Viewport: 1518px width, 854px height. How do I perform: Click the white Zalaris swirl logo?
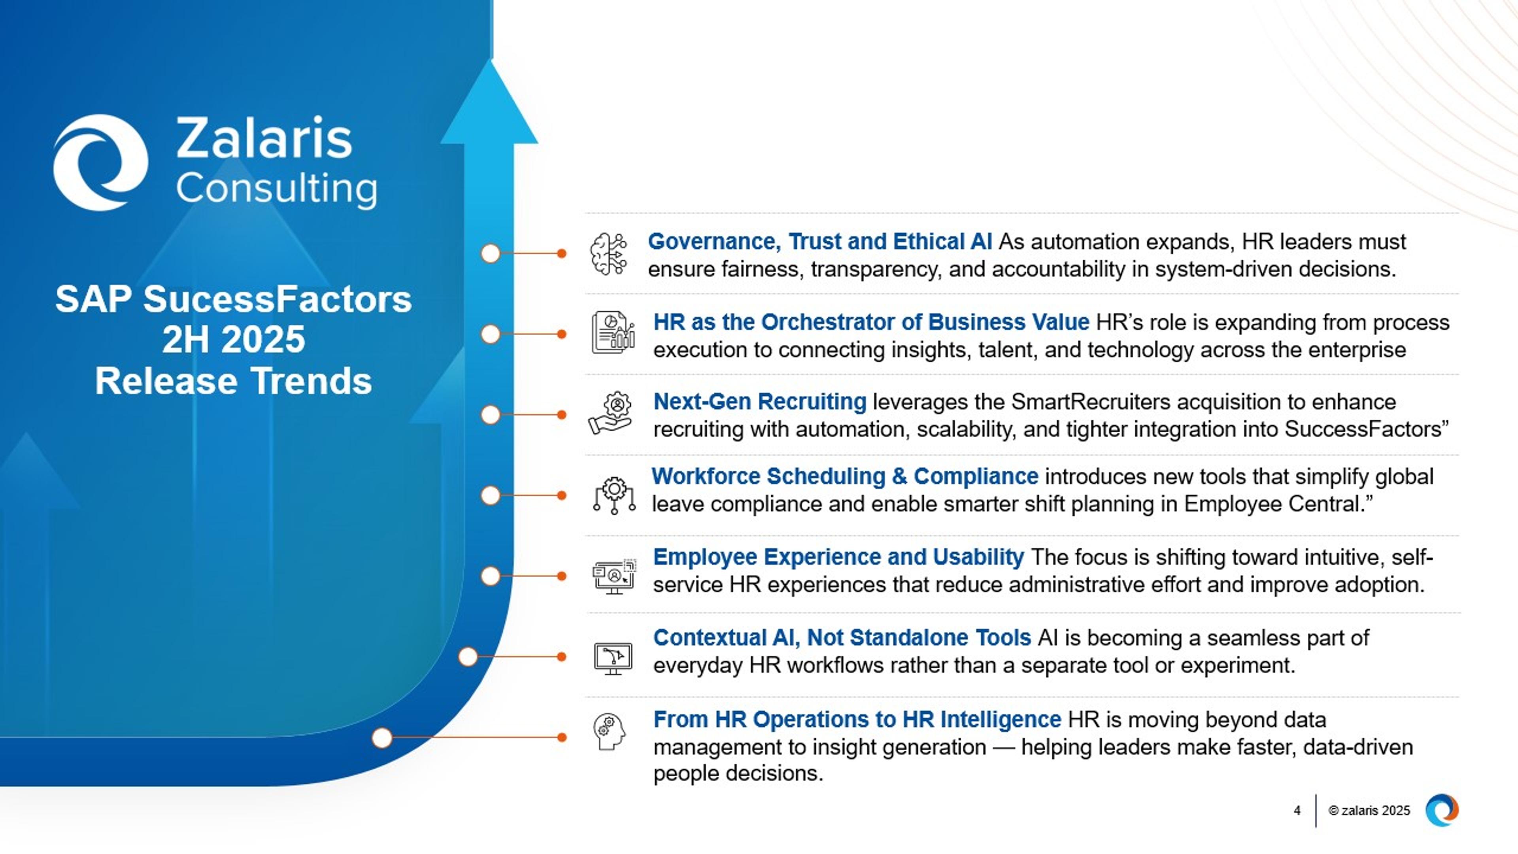click(x=100, y=162)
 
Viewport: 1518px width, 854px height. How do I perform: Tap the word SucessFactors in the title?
click(x=277, y=299)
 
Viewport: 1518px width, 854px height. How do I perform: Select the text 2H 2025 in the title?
click(x=233, y=340)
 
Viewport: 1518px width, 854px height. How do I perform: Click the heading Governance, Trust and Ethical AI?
click(x=819, y=242)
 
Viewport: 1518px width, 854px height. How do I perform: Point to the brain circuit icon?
click(x=609, y=254)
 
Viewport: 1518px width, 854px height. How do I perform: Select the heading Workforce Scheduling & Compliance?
click(x=844, y=476)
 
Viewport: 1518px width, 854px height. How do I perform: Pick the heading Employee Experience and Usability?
click(x=838, y=557)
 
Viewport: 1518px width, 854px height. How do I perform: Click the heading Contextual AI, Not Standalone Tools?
click(x=842, y=638)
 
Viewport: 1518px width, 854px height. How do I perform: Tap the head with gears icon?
click(x=609, y=731)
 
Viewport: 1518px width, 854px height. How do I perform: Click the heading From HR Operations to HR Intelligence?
click(x=856, y=720)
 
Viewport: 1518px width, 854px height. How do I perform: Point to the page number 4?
click(x=1297, y=811)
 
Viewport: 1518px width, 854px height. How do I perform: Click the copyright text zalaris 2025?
click(x=1369, y=811)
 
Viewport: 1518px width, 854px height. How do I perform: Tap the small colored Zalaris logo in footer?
click(x=1441, y=811)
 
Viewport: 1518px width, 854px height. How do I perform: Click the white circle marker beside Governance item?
click(x=490, y=253)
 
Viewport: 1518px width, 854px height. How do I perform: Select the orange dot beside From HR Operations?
click(x=562, y=737)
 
